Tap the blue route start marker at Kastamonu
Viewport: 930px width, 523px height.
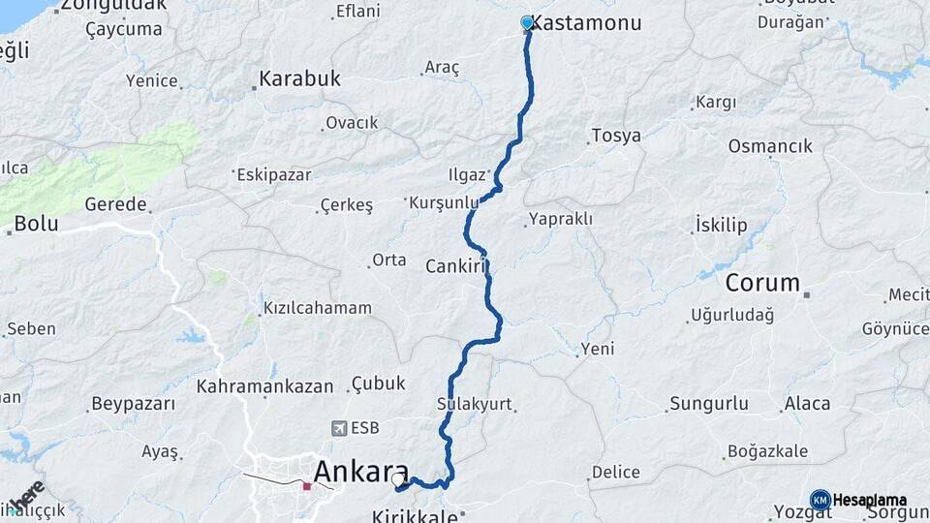(527, 22)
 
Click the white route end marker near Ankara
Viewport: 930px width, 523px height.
(397, 477)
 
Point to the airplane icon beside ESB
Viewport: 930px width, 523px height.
(339, 427)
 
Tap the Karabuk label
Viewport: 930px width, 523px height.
(300, 79)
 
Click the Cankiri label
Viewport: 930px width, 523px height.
(454, 265)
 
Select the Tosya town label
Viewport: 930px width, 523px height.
(616, 136)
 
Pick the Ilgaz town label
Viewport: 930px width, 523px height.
(466, 175)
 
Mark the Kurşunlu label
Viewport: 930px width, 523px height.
(445, 202)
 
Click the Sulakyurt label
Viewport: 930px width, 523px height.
(474, 404)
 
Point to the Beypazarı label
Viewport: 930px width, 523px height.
(133, 403)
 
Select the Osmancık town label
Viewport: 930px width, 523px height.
(770, 146)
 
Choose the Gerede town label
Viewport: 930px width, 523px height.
(115, 204)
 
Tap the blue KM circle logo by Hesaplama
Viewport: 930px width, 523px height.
(820, 500)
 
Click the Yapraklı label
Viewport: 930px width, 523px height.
(562, 219)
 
